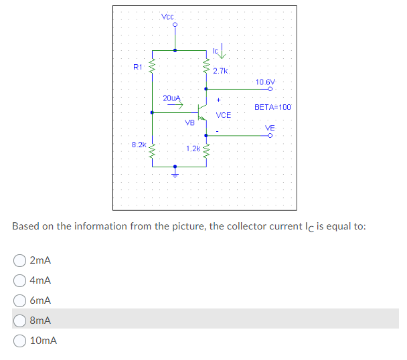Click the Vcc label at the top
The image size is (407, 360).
coord(168,16)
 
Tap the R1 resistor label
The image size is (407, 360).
coord(137,66)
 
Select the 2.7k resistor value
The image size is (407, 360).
coord(221,70)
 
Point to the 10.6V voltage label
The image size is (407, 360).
coord(265,82)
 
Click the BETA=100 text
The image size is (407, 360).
coord(272,106)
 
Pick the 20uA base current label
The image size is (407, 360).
coord(172,98)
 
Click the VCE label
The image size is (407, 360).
coord(223,115)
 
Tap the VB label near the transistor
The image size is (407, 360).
coord(189,122)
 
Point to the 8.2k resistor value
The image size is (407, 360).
coord(139,144)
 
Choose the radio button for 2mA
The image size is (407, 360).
coord(21,260)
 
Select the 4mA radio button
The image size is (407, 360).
coord(21,280)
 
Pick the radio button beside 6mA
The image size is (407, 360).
coord(21,300)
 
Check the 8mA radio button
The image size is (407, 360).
coord(21,320)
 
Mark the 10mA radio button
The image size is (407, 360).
coord(21,340)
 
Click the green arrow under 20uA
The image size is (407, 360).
coord(175,104)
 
